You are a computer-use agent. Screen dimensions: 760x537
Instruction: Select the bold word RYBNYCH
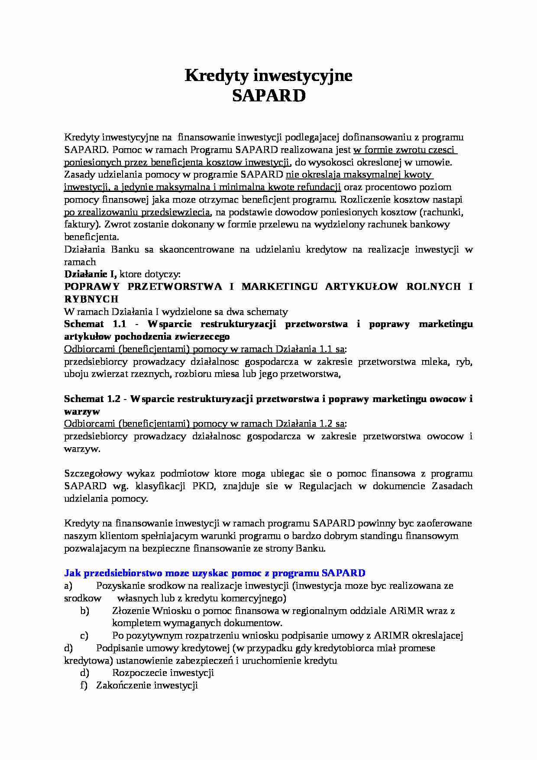pos(91,299)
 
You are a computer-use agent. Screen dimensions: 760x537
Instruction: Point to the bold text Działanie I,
pos(91,274)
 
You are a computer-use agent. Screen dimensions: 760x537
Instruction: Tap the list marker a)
pos(68,586)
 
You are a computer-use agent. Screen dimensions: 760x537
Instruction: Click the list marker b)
pos(84,611)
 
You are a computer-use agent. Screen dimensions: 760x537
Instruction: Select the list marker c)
pos(84,636)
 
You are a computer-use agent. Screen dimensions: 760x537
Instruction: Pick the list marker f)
pos(84,685)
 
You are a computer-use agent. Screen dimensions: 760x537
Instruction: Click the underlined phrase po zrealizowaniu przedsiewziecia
pos(137,212)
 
